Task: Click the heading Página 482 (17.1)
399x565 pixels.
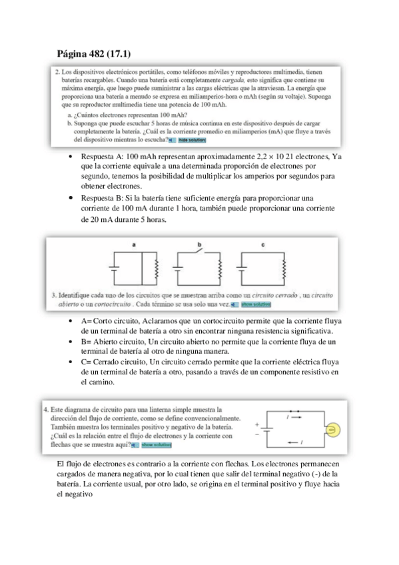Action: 94,54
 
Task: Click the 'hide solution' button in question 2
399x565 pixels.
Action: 192,140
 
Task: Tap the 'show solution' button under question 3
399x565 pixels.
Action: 256,304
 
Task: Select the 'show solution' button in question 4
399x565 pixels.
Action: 157,445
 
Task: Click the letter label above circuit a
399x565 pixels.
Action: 134,245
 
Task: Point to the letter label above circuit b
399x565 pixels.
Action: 199,245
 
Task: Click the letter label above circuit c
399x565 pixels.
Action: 263,245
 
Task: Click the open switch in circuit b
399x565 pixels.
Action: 199,251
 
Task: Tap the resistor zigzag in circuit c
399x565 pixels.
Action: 284,269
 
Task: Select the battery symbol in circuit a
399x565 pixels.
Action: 114,268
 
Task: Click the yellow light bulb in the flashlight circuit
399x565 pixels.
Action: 333,430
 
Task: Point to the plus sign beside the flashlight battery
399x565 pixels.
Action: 257,424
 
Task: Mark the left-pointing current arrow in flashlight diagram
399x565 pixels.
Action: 293,442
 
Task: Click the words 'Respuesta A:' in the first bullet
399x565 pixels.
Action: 103,157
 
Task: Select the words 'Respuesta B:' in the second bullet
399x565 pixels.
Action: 102,198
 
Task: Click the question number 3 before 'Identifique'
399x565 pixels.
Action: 54,295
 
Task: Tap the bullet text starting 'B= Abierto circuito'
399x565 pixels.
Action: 208,346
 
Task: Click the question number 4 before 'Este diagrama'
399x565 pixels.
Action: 46,410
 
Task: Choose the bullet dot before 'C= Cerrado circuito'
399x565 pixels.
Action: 71,362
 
